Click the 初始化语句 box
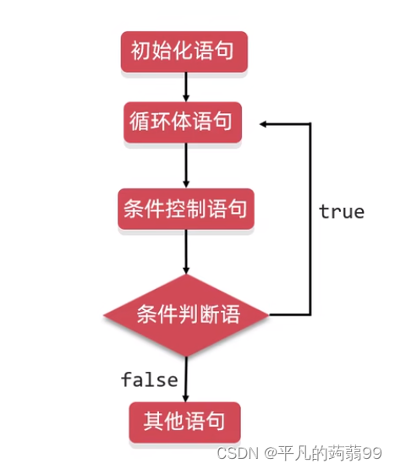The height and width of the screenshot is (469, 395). click(184, 52)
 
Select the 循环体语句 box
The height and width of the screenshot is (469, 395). click(183, 122)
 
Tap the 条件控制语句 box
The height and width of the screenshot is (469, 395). click(186, 209)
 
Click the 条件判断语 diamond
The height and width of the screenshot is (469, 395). click(186, 315)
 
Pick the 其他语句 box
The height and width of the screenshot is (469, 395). click(184, 422)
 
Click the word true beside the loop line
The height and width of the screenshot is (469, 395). click(342, 212)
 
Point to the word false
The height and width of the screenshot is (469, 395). click(150, 379)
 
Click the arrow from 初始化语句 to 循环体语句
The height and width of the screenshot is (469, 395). click(186, 87)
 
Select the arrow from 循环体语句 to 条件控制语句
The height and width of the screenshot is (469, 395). click(186, 166)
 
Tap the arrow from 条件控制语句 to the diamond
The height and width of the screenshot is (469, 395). click(186, 252)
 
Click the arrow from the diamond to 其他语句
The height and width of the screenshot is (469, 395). click(186, 379)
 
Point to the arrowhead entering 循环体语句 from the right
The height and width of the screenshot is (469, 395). click(263, 124)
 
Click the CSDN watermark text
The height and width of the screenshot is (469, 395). click(238, 453)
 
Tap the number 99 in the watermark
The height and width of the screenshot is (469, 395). click(372, 453)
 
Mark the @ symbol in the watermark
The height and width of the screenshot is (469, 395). click(271, 454)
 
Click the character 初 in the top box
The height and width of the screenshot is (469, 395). click(140, 51)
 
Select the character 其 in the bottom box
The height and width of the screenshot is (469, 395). click(153, 421)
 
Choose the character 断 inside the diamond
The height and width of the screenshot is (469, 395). click(209, 314)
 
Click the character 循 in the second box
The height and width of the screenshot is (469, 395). click(140, 121)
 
